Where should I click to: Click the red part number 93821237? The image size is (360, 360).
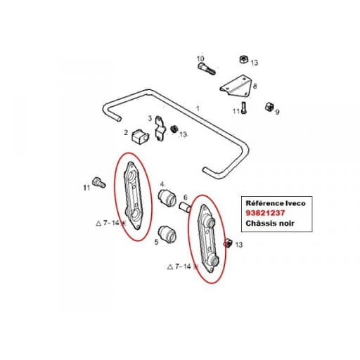265,213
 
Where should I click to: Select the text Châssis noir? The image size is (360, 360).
270,223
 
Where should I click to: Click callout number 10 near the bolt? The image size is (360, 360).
200,58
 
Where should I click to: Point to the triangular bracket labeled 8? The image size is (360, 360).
236,86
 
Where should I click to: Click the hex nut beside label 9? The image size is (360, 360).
269,107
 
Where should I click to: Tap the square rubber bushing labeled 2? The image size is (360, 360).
140,136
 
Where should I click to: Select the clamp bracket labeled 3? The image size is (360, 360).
160,129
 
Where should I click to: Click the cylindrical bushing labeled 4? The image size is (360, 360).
167,198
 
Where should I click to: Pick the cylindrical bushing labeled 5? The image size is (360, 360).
167,235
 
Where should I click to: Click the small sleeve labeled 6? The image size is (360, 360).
185,207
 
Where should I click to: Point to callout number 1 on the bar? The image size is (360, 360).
198,108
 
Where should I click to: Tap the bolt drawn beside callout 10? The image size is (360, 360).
207,69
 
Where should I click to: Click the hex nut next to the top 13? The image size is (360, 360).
244,59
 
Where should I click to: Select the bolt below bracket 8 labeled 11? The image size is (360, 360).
244,108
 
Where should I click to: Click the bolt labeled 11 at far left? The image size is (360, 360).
99,183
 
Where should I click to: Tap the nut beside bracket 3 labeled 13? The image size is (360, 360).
174,129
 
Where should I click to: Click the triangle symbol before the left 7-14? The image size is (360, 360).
98,223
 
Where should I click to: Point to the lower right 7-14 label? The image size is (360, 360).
183,266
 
